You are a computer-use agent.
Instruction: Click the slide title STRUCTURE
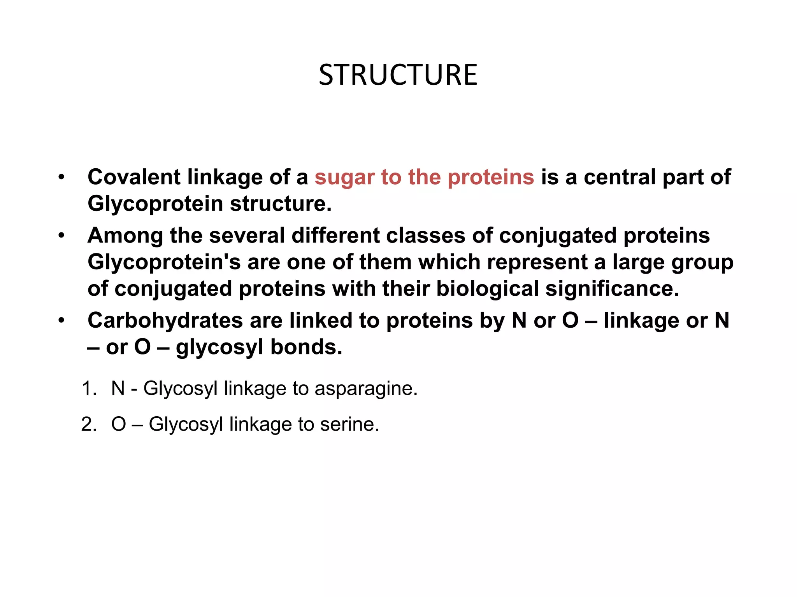click(x=398, y=75)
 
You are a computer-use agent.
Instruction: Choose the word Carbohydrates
click(x=165, y=321)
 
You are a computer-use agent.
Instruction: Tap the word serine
click(x=349, y=424)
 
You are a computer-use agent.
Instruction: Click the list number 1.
click(x=89, y=388)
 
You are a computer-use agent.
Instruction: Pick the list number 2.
click(x=89, y=424)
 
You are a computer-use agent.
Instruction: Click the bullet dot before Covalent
click(x=61, y=178)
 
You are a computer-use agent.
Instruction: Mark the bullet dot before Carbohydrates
click(x=61, y=321)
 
